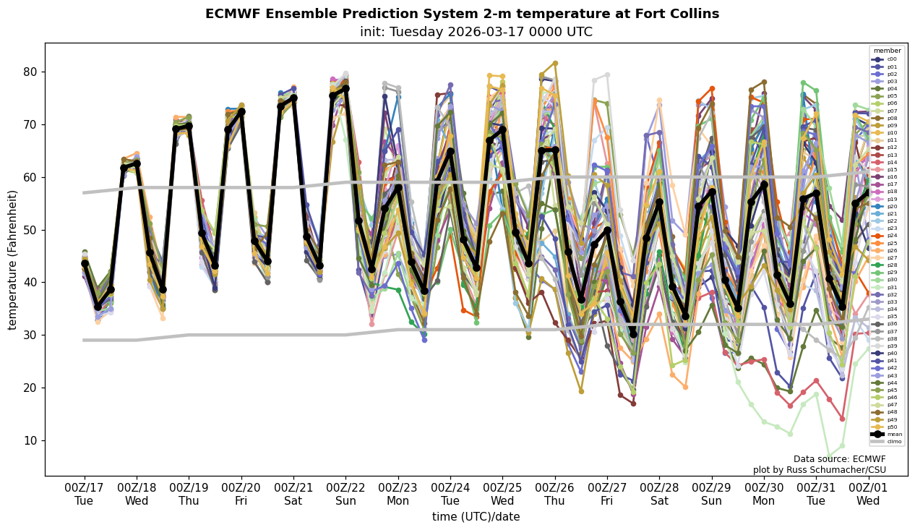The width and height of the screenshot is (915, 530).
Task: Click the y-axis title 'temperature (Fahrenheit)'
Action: pos(13,260)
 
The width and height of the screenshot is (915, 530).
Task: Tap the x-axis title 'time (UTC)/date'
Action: pos(476,517)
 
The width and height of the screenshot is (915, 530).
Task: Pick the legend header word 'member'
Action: pos(888,51)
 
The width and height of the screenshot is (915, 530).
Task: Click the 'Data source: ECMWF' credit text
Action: pos(839,459)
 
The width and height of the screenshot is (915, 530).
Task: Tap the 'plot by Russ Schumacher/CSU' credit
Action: pos(819,470)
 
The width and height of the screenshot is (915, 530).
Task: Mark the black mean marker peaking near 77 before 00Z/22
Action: pos(345,88)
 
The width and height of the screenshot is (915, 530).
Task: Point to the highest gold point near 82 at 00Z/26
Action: pos(555,64)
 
